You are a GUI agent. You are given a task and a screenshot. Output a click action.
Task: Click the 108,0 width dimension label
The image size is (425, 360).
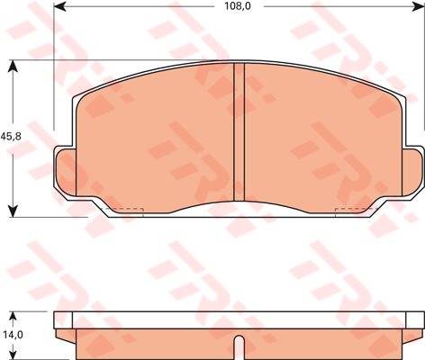(x=238, y=5)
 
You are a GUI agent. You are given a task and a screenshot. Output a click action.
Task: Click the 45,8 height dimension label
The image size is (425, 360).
(x=11, y=137)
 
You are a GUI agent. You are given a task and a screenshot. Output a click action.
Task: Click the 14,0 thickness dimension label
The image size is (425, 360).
(x=13, y=335)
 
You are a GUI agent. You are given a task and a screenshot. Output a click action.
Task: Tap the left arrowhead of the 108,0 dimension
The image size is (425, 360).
(x=59, y=5)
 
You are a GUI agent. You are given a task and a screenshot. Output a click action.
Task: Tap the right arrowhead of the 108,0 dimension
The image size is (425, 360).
(x=419, y=5)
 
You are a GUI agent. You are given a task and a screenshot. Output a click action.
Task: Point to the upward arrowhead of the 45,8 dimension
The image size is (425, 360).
(x=13, y=66)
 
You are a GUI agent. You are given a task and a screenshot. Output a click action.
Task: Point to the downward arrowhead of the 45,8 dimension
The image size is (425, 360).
(x=13, y=211)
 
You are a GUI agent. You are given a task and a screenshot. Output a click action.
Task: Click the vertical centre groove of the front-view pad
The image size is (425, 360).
(x=240, y=131)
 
